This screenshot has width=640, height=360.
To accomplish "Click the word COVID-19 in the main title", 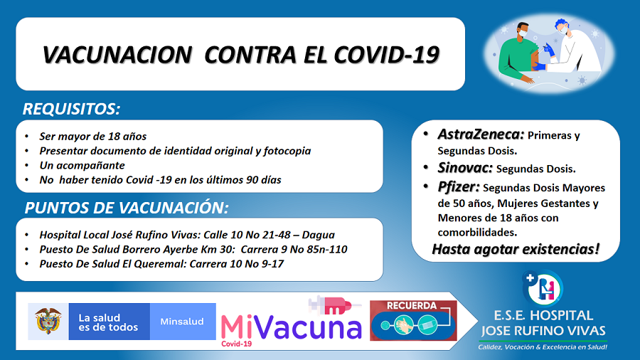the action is click(x=386, y=55).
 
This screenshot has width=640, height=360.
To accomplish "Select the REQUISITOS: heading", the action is click(x=71, y=109).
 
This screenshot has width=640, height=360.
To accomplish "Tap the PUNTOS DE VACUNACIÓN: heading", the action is click(x=127, y=208).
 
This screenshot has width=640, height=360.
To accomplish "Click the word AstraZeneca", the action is click(x=481, y=134).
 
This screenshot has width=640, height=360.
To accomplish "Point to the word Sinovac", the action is click(x=465, y=168).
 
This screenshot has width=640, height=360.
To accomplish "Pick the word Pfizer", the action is click(x=459, y=187).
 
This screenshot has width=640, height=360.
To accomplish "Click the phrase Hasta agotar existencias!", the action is click(x=516, y=249).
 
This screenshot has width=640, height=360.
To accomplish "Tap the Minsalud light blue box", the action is click(x=183, y=322).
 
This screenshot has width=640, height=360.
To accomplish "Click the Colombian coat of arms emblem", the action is click(x=48, y=321).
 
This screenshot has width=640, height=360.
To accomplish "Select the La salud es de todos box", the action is click(x=109, y=322).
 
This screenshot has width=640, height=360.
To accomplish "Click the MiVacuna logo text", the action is click(x=291, y=327).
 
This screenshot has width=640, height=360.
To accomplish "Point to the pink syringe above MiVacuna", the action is click(x=334, y=305).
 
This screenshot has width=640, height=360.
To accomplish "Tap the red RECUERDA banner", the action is click(x=413, y=320).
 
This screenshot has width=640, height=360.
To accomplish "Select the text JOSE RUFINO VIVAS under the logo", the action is click(x=543, y=330).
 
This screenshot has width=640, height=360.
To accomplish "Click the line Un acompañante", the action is click(x=82, y=165).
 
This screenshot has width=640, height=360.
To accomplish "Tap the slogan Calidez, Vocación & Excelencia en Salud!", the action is click(x=543, y=347).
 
